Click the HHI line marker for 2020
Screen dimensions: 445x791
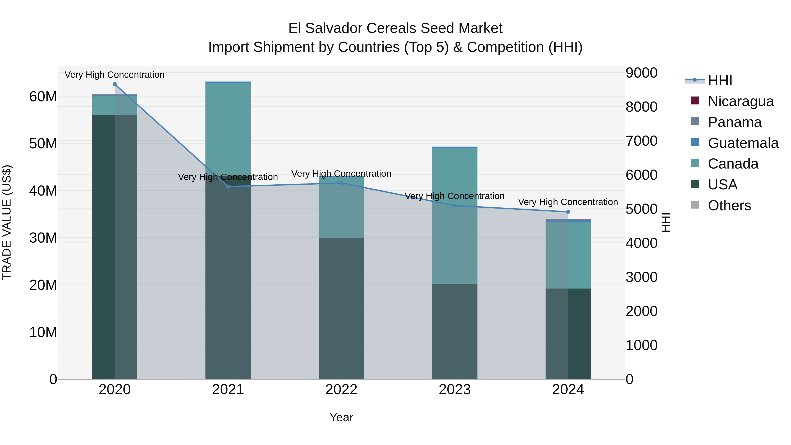114,84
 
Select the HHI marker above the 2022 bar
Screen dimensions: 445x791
341,183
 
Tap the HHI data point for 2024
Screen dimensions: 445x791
568,212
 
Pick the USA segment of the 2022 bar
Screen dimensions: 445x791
341,307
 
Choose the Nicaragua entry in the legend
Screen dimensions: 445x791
740,101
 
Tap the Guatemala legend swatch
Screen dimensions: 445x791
695,142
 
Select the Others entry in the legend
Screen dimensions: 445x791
729,205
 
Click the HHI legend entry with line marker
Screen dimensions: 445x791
720,80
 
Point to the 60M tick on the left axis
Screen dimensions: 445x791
43,97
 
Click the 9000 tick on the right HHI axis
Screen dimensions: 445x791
641,73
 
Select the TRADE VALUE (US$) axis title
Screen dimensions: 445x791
7,222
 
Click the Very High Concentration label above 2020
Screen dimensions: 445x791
114,75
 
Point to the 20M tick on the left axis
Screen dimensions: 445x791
43,285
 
